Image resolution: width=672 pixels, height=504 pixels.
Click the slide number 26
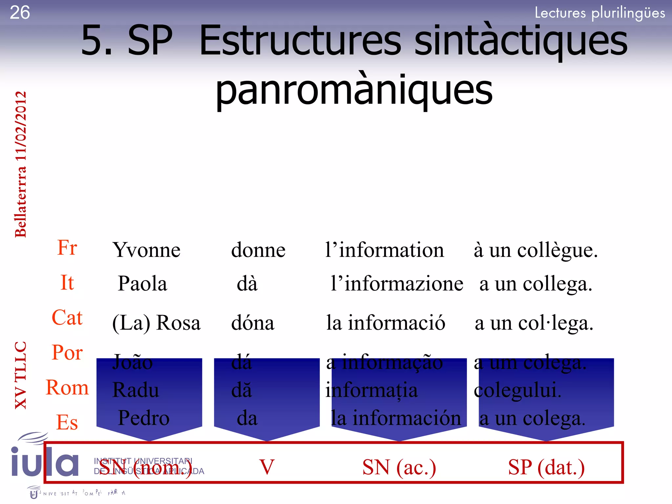(20, 13)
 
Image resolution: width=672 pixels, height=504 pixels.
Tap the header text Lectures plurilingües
(600, 13)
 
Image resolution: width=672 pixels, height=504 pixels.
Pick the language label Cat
(67, 317)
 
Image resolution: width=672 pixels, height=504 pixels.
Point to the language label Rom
(67, 388)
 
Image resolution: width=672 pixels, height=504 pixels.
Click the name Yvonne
(146, 250)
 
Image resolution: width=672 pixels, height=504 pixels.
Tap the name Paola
(142, 283)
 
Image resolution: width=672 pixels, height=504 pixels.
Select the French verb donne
(258, 250)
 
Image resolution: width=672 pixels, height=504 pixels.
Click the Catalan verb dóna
(253, 323)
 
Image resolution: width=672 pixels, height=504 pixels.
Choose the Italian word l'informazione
(397, 283)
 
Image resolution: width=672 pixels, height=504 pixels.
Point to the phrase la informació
(386, 323)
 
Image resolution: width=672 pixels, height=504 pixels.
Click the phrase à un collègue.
(535, 250)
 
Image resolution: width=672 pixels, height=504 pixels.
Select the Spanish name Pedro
(144, 418)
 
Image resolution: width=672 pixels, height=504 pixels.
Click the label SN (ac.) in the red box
(399, 467)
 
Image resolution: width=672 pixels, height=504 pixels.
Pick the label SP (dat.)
(546, 467)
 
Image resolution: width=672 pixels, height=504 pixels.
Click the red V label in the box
(267, 467)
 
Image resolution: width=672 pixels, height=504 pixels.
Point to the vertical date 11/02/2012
(21, 126)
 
